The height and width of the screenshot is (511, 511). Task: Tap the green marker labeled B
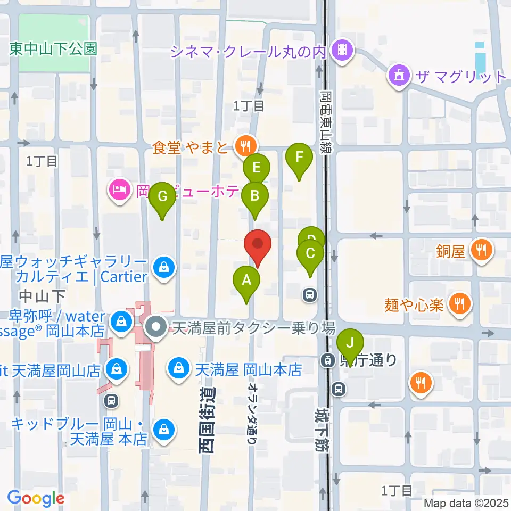[x=255, y=196]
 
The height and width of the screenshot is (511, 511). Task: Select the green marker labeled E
[x=257, y=169]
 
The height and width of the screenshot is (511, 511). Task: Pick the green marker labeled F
[x=299, y=158]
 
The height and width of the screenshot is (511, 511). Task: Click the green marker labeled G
[x=163, y=197]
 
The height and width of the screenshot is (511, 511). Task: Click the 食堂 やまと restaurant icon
[x=245, y=144]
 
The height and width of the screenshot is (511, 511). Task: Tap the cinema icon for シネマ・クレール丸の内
[x=341, y=51]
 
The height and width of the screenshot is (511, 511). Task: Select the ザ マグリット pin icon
[x=400, y=75]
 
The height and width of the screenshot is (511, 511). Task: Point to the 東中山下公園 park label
[x=53, y=49]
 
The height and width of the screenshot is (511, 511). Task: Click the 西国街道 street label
[x=208, y=421]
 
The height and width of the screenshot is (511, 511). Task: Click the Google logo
[x=36, y=498]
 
